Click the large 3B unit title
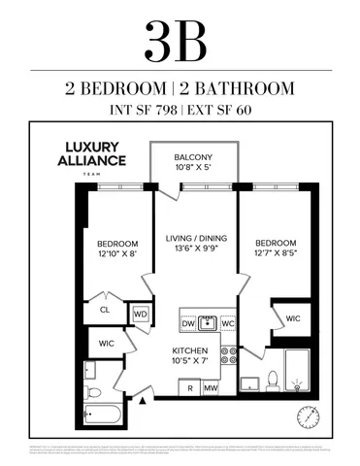(180, 40)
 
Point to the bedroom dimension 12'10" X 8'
(115, 253)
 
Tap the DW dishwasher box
(188, 323)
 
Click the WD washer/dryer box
(140, 315)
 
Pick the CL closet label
(106, 312)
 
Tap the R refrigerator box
(189, 388)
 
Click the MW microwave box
(209, 388)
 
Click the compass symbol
(309, 416)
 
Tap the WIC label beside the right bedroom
(292, 317)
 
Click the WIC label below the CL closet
(105, 343)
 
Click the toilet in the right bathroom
(274, 381)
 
